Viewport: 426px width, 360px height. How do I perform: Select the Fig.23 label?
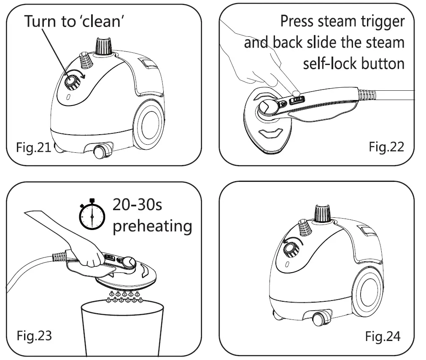point(34,336)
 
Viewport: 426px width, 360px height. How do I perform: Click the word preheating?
point(152,226)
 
